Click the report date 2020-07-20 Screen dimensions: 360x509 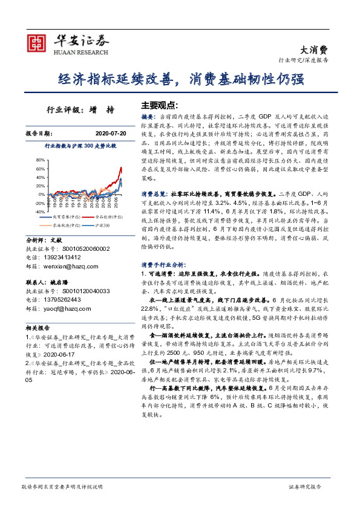(x=110, y=133)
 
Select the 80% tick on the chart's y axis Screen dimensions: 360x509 (x=40, y=160)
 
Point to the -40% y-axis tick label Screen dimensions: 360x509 (x=39, y=212)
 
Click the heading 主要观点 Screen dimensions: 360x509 (x=160, y=104)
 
